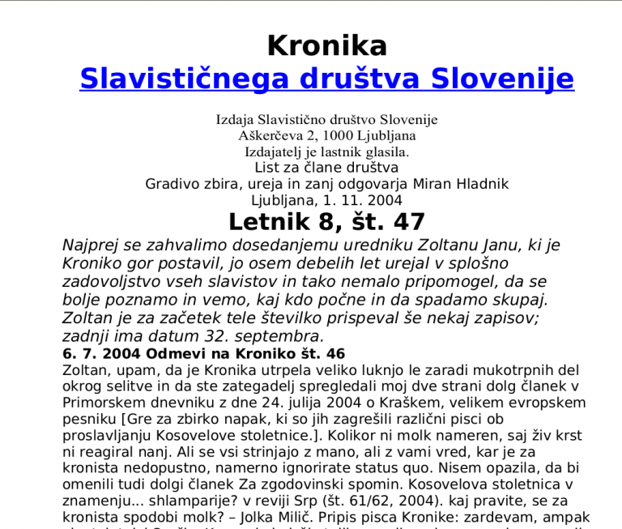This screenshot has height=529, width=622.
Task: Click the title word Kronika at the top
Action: coord(326,45)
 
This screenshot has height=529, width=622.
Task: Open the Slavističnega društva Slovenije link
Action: coord(326,79)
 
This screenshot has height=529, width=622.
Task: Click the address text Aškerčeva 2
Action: coord(281,135)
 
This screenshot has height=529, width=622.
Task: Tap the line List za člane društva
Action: coord(326,168)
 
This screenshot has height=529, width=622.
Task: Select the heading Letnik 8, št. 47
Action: coord(326,222)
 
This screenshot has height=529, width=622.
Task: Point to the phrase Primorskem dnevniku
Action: coord(128,403)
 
